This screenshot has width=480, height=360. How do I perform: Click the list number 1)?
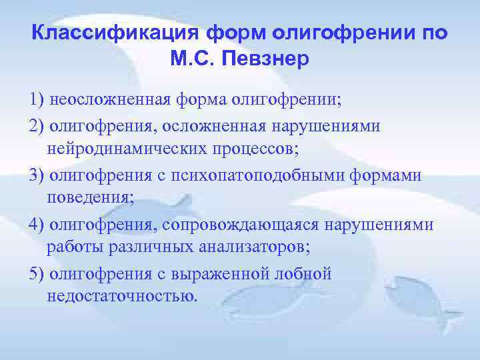coord(37,100)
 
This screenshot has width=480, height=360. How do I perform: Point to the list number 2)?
coord(37,126)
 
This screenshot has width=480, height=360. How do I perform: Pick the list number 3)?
coord(37,175)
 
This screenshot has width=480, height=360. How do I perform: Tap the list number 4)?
coord(37,225)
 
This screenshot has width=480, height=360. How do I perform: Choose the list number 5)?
coord(37,274)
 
